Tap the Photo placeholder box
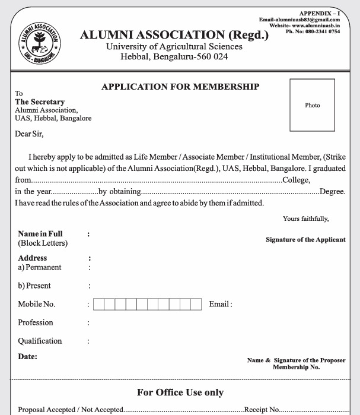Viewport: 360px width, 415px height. click(x=313, y=105)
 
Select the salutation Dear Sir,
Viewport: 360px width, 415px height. click(x=26, y=134)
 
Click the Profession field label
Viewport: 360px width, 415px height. click(x=36, y=323)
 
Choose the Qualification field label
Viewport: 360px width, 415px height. click(x=40, y=341)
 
